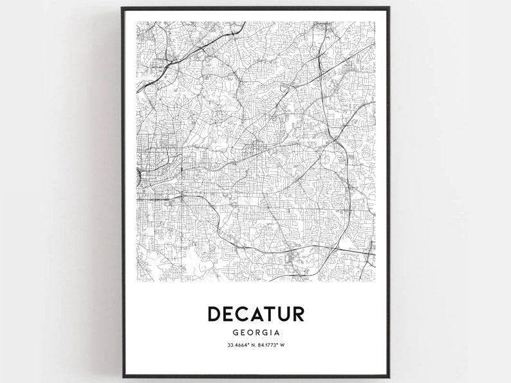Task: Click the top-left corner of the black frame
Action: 122,8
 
